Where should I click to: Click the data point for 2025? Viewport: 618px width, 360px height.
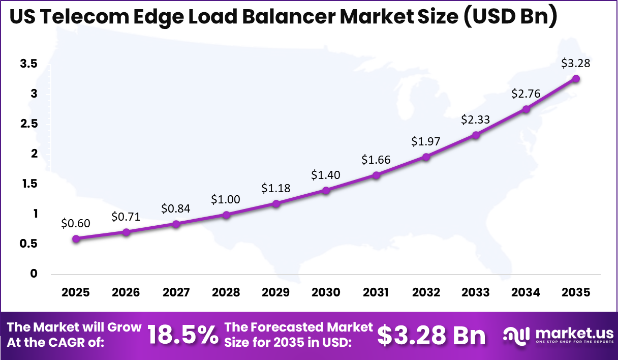coord(76,238)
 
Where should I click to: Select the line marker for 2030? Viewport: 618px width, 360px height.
coord(326,190)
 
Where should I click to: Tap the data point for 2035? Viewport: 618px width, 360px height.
coord(576,78)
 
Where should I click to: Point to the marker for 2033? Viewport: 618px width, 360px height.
coord(476,135)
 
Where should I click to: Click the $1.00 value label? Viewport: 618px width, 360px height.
coord(226,199)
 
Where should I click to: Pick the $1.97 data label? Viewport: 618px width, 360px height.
coord(426,142)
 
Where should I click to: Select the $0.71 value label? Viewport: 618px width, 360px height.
coord(126,217)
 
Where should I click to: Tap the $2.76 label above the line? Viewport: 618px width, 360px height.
coord(526,94)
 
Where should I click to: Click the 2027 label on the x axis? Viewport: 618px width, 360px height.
coord(176,292)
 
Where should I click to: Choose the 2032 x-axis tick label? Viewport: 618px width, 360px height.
coord(426,292)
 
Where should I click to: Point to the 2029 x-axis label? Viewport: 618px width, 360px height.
coord(275,292)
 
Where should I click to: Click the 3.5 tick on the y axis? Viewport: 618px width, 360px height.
coord(28,64)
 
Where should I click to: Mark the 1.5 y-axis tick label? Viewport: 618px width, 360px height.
coord(28,184)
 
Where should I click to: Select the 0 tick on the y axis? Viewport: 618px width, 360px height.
coord(34,274)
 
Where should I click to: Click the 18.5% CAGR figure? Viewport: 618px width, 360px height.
coord(182,335)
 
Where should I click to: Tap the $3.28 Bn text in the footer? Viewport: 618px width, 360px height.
coord(431,335)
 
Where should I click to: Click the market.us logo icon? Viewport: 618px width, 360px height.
coord(516,335)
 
